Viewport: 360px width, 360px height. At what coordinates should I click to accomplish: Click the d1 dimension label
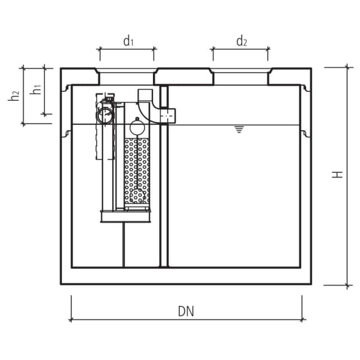tap(128, 41)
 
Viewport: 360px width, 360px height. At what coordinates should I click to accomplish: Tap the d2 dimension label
tap(241, 41)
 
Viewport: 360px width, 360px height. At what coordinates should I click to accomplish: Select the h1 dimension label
tap(37, 89)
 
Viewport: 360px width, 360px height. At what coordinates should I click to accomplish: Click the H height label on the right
tap(338, 174)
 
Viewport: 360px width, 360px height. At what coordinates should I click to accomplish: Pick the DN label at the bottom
tap(186, 311)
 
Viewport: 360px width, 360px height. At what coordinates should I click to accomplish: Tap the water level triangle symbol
tap(239, 129)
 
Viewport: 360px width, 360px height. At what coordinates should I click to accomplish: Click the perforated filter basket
tap(137, 171)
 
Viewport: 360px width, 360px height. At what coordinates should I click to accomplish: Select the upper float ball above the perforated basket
tap(137, 127)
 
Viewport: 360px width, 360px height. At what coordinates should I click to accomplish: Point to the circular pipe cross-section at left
tap(105, 115)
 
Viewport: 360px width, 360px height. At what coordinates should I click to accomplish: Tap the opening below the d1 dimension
tap(127, 77)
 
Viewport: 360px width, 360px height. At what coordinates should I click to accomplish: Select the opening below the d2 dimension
tap(241, 77)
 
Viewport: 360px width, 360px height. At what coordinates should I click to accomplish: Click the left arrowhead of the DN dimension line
tap(72, 320)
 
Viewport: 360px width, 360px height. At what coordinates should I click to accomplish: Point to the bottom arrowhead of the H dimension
tap(347, 284)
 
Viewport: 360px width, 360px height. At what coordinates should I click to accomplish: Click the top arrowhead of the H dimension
tap(347, 68)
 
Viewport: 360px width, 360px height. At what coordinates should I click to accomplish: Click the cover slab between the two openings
tap(184, 76)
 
